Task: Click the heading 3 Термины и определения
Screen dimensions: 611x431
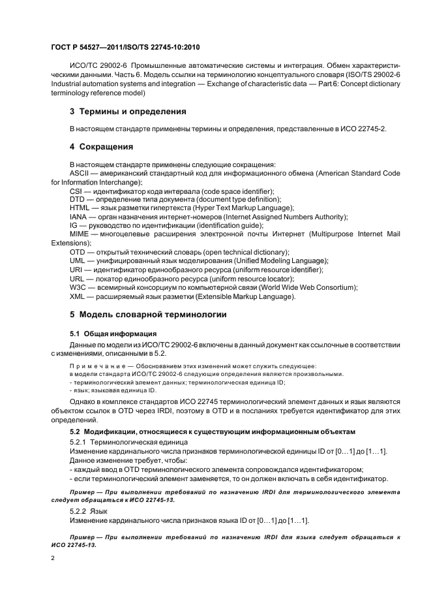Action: pyautogui.click(x=128, y=111)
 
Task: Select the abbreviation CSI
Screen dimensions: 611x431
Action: pyautogui.click(x=76, y=191)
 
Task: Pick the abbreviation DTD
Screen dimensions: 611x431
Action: pyautogui.click(x=77, y=199)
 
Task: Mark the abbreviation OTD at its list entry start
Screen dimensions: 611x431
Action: pyautogui.click(x=77, y=251)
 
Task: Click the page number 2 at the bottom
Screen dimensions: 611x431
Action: pyautogui.click(x=53, y=558)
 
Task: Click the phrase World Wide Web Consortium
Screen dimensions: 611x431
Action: pyautogui.click(x=306, y=287)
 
